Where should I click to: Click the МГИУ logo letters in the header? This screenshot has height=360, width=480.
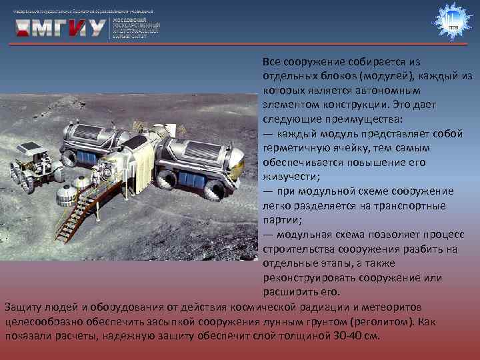tap(60, 27)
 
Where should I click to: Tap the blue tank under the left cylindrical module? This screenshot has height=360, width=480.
tap(87, 158)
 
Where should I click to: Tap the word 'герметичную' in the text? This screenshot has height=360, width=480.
tap(294, 148)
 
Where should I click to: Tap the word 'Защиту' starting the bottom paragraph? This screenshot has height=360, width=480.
tap(21, 307)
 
